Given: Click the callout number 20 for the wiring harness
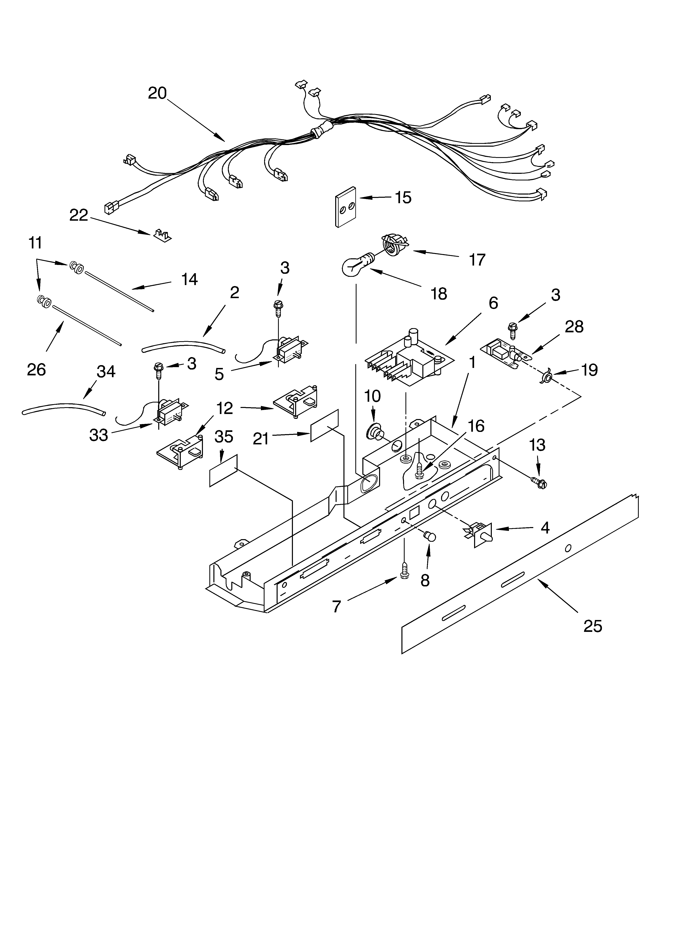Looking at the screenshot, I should click(157, 94).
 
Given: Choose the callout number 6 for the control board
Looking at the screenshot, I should click(493, 303).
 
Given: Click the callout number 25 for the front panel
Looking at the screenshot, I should click(593, 626).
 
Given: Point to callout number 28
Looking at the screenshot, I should click(574, 327).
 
